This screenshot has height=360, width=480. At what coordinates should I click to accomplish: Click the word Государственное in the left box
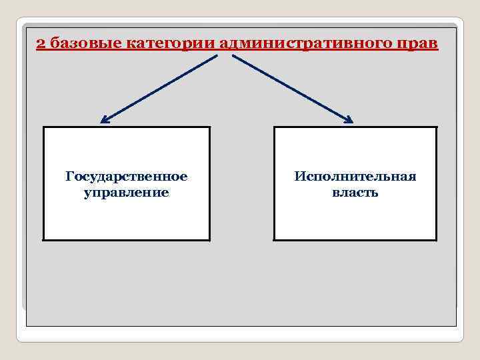[x=127, y=177]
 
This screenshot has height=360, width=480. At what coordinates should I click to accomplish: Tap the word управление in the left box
[x=127, y=193]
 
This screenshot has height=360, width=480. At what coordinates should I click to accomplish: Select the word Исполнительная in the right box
[x=355, y=177]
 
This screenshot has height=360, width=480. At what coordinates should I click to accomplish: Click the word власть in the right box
[x=355, y=193]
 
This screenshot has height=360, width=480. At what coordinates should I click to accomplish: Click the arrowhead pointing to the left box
[x=103, y=121]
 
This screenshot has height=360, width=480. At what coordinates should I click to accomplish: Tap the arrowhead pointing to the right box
[x=349, y=120]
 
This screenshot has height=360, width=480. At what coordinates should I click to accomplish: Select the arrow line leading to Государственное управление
[x=160, y=88]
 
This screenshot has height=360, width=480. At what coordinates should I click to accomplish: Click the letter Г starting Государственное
[x=69, y=177]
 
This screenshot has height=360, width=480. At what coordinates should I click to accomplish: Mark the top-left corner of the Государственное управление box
[x=43, y=127]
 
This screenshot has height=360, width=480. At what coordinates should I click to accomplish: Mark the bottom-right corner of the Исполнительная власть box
[x=437, y=239]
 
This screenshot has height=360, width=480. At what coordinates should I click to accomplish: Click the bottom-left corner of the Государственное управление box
[x=43, y=239]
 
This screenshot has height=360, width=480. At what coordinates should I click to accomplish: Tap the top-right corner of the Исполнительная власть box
[x=437, y=127]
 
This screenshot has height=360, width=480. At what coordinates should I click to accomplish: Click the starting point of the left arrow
[x=217, y=55]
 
